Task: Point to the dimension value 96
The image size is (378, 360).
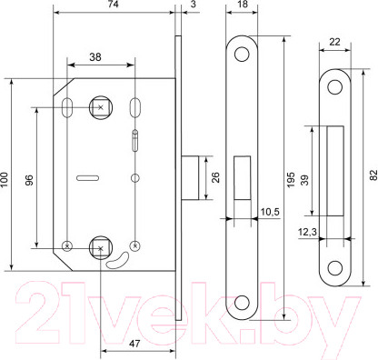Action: [29, 179]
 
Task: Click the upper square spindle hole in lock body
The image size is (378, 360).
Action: [98, 108]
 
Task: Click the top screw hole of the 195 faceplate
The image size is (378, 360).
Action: [242, 55]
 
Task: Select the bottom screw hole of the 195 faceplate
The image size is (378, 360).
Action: [242, 304]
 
